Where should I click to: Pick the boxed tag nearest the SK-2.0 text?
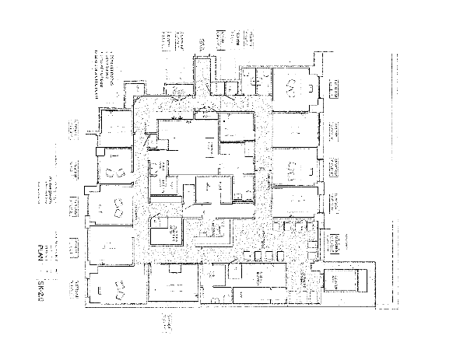(x=75, y=289)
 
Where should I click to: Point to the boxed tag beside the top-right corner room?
(x=338, y=88)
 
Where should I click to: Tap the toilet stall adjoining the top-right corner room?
(x=258, y=81)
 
